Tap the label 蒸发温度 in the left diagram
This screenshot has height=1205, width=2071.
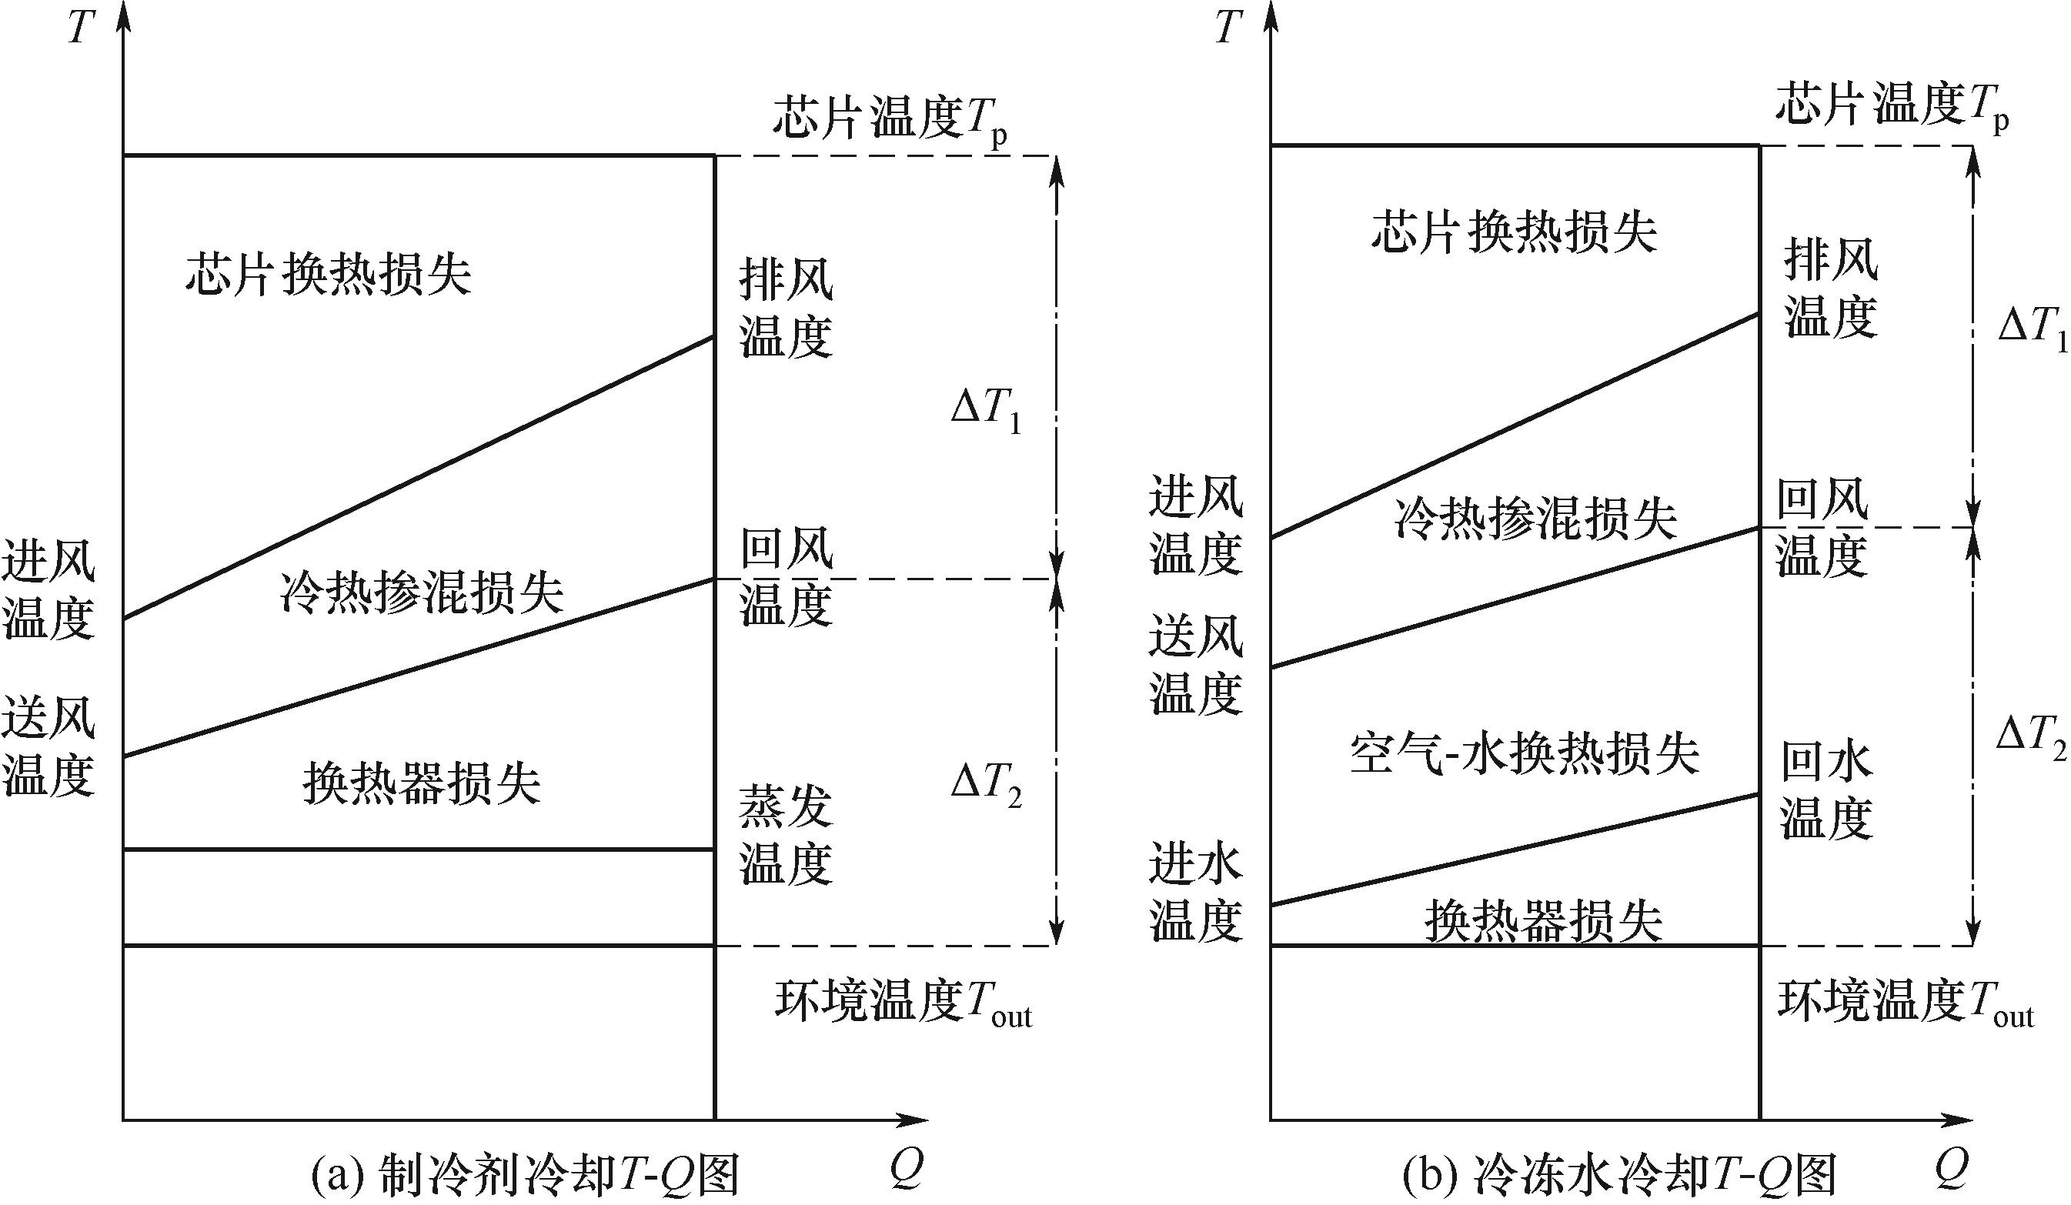[787, 835]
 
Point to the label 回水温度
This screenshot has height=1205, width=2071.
[1826, 791]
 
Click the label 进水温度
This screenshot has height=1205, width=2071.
[1196, 893]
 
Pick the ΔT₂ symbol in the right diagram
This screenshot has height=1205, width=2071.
[2031, 738]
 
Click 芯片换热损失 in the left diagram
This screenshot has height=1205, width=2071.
[329, 273]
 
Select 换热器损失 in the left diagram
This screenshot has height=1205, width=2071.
[422, 783]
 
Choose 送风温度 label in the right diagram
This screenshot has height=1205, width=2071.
[1196, 665]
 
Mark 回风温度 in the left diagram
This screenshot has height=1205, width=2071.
[787, 577]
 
